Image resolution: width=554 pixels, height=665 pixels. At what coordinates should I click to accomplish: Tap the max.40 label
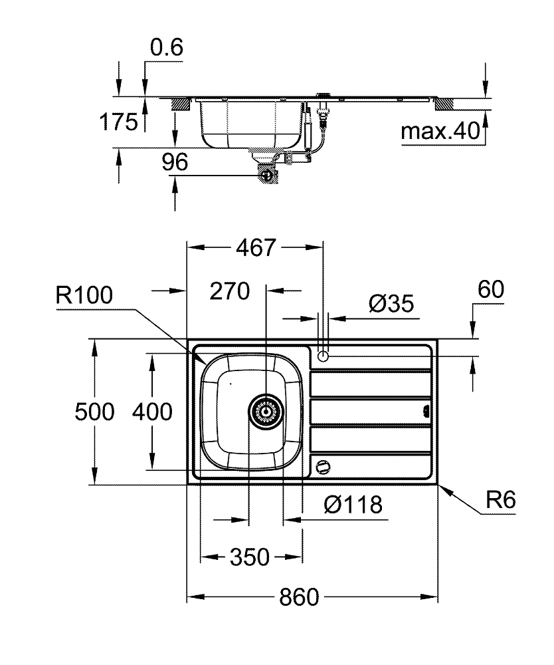tap(440, 132)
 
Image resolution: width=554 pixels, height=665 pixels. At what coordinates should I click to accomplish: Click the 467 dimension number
tap(255, 248)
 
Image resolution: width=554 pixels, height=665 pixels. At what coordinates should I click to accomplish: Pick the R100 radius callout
tap(85, 295)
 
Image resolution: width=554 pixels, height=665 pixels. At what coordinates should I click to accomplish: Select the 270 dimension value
tap(229, 291)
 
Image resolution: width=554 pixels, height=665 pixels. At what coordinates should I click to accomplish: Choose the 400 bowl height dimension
tap(152, 412)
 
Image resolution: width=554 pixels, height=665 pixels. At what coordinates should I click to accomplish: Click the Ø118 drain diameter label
tap(353, 505)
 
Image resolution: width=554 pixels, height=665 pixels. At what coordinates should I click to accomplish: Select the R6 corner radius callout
tap(500, 500)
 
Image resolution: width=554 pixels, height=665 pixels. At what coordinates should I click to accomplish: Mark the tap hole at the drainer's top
tap(324, 355)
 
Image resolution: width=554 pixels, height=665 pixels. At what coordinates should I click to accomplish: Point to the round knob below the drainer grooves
tap(323, 467)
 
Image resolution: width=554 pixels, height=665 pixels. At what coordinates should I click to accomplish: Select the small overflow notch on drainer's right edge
tap(426, 411)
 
